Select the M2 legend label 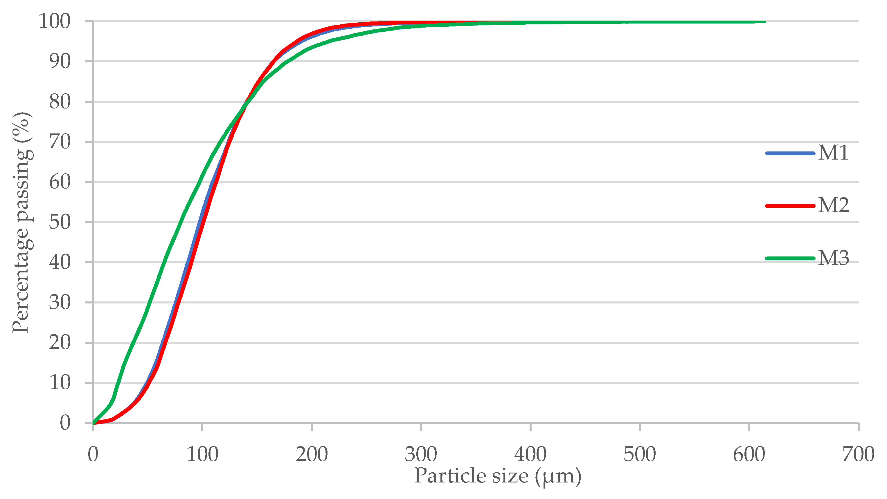coord(834,205)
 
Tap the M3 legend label coord(834,258)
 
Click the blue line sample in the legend coord(790,153)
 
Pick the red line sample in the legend coord(790,206)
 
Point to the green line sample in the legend coord(790,258)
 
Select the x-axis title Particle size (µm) coord(497,476)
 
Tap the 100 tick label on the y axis coord(54,21)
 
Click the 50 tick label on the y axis coord(60,222)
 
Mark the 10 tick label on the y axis coord(60,383)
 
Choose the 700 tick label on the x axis coord(858,454)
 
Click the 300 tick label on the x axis coord(421,454)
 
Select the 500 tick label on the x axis coord(640,454)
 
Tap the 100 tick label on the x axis coord(202,454)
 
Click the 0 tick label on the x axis coord(93,454)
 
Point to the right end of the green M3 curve coord(765,22)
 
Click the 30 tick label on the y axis coord(60,303)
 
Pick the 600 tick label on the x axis coord(749,454)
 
